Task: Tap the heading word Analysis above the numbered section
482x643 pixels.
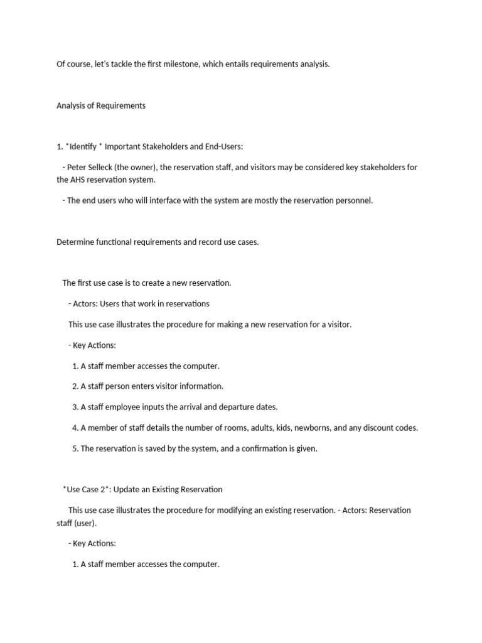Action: click(72, 105)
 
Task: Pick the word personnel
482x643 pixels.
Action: click(353, 201)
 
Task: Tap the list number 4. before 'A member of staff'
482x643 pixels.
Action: click(75, 428)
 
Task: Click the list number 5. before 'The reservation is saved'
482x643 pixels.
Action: click(75, 449)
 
